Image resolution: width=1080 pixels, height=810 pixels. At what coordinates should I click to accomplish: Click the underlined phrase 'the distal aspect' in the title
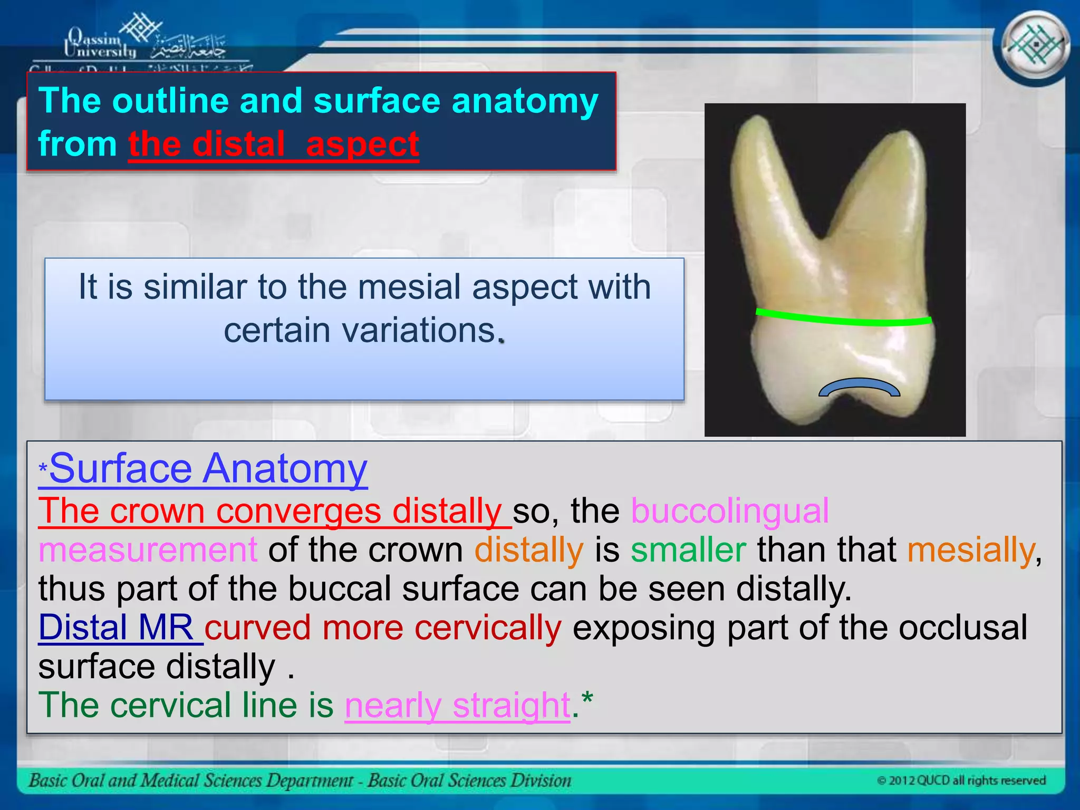(273, 144)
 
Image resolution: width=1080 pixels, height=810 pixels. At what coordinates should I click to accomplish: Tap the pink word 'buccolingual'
(729, 510)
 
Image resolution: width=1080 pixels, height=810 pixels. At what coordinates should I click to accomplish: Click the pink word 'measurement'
(148, 549)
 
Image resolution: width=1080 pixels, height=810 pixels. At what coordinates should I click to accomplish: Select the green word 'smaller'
(688, 549)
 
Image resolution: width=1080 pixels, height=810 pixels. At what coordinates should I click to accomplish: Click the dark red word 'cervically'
(487, 628)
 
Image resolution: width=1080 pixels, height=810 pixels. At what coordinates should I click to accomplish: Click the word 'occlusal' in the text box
(962, 628)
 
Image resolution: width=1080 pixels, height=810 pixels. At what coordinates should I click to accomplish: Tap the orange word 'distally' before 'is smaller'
(528, 549)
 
